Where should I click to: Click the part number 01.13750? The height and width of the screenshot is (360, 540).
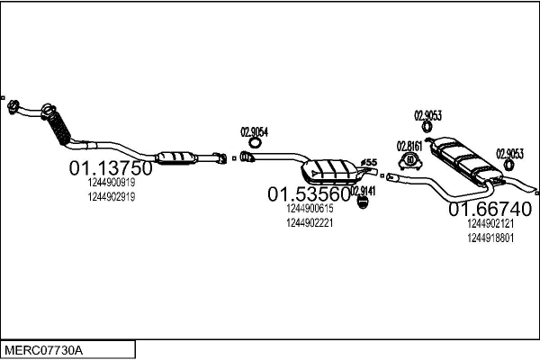pyautogui.click(x=111, y=168)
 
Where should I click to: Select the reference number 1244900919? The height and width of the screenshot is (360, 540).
pyautogui.click(x=112, y=183)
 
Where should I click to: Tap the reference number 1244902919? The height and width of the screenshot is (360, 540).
pyautogui.click(x=112, y=197)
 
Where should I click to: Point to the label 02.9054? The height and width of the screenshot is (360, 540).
pyautogui.click(x=255, y=130)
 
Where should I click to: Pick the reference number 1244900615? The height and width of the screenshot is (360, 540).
pyautogui.click(x=310, y=209)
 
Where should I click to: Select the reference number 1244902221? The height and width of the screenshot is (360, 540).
pyautogui.click(x=310, y=223)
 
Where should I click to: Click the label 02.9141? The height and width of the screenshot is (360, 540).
pyautogui.click(x=363, y=190)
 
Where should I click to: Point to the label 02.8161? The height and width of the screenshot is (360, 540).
pyautogui.click(x=410, y=145)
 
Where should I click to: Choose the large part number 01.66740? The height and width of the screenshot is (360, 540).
pyautogui.click(x=490, y=210)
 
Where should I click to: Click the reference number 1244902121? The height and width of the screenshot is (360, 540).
pyautogui.click(x=491, y=224)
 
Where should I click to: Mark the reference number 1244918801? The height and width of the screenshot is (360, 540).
pyautogui.click(x=491, y=238)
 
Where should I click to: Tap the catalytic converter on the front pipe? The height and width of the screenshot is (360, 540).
pyautogui.click(x=180, y=159)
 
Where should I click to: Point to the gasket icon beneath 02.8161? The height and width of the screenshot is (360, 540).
pyautogui.click(x=410, y=162)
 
